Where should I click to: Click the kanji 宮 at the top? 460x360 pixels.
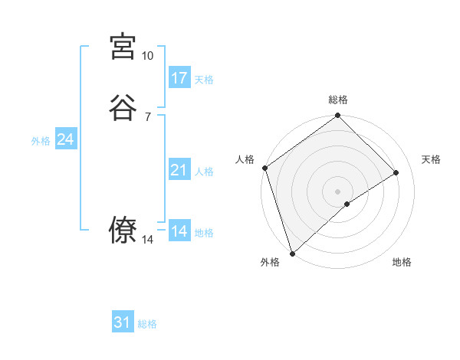[123, 47]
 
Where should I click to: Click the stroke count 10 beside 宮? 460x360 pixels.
[147, 56]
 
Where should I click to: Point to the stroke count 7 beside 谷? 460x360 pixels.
[147, 117]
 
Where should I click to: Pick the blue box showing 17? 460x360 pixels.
[179, 78]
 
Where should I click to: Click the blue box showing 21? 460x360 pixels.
[179, 170]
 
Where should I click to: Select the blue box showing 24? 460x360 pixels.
[66, 139]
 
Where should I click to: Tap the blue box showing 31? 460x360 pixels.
[123, 322]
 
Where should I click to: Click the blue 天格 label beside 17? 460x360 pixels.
[204, 80]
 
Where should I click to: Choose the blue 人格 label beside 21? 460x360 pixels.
[204, 172]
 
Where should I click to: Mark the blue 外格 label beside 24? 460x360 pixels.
[41, 141]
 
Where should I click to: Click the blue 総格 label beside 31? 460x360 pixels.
[147, 324]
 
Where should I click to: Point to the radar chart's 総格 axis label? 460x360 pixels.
[337, 100]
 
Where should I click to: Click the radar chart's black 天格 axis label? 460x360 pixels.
[432, 159]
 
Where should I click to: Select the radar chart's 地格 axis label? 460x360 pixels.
[402, 263]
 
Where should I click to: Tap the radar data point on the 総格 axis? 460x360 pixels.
[337, 116]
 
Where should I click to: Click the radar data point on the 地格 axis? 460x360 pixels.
[347, 204]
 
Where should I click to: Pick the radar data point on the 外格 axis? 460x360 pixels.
[292, 253]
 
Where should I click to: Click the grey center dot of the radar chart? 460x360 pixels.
[337, 191]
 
